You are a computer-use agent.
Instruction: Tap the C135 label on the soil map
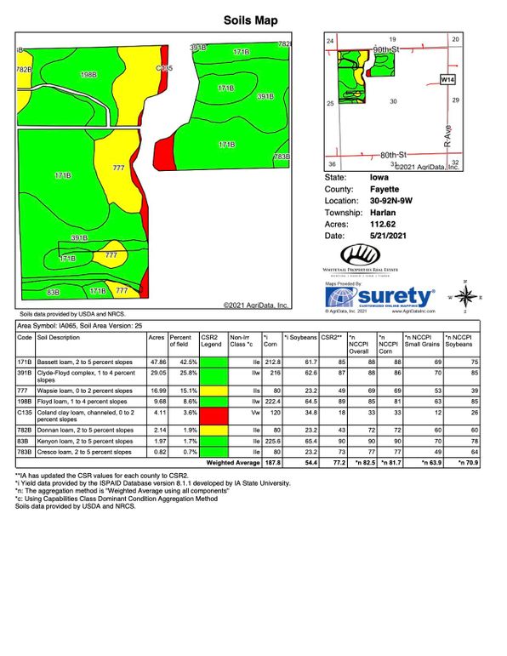tap(165, 68)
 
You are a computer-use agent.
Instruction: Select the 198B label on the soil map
tap(88, 75)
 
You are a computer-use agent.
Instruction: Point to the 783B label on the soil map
tap(282, 157)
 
